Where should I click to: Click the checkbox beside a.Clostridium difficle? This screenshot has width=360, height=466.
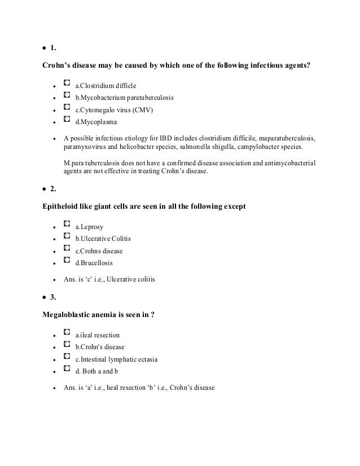[x=67, y=85]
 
